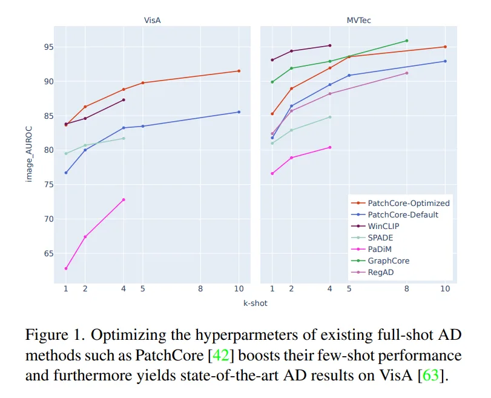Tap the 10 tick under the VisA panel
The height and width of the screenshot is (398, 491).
point(239,289)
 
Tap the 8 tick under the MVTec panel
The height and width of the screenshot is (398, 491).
point(406,289)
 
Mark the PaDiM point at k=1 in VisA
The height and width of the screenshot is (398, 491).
point(66,268)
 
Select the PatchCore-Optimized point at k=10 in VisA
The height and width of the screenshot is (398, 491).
point(239,71)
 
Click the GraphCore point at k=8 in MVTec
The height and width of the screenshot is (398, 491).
point(406,41)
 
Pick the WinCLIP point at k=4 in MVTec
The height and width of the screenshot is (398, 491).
point(329,45)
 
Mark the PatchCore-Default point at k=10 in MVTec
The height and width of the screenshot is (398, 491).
point(445,61)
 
